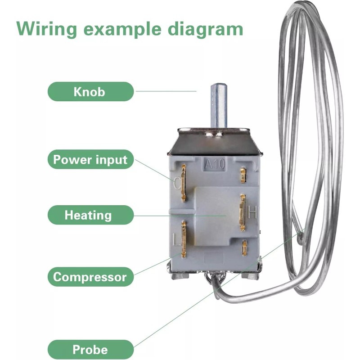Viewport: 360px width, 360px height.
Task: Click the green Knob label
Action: [x=90, y=92]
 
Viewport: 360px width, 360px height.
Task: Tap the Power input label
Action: [x=90, y=160]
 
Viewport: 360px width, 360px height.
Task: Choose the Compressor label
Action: [x=90, y=277]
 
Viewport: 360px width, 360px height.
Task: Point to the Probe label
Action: [x=90, y=349]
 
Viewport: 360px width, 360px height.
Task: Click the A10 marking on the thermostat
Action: [x=215, y=165]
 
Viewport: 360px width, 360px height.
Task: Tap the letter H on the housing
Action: [x=252, y=211]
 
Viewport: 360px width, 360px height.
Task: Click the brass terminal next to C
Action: [x=184, y=182]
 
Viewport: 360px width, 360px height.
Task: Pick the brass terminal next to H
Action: [x=243, y=212]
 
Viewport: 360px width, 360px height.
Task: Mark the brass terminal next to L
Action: [x=184, y=238]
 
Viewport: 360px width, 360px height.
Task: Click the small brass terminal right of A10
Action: [x=243, y=175]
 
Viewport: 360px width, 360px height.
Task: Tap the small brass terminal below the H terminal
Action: [x=244, y=248]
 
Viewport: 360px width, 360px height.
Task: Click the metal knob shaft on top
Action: [x=219, y=105]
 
